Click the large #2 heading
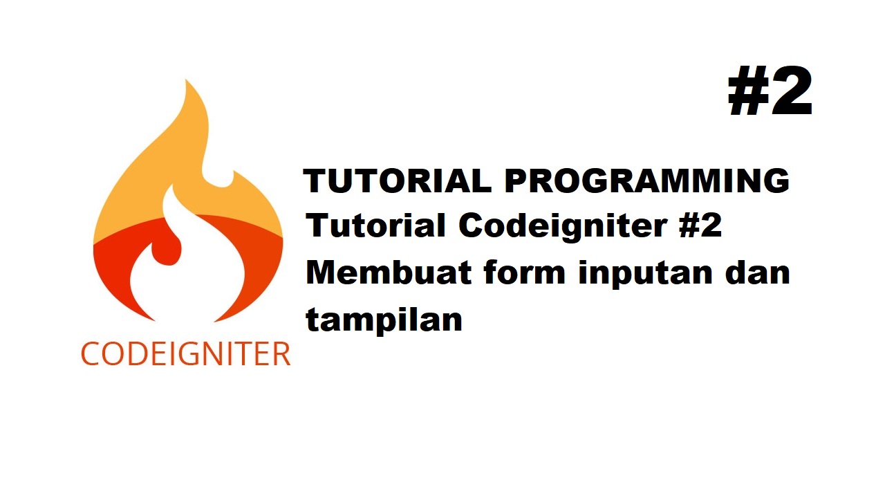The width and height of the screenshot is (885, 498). (770, 93)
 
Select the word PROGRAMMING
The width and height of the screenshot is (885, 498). (646, 181)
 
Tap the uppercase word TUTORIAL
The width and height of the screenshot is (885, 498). (398, 181)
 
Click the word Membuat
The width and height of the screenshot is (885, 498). (387, 273)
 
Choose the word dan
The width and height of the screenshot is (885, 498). (756, 273)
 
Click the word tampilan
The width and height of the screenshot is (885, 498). (384, 320)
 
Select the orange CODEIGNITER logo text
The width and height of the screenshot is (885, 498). (185, 354)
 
